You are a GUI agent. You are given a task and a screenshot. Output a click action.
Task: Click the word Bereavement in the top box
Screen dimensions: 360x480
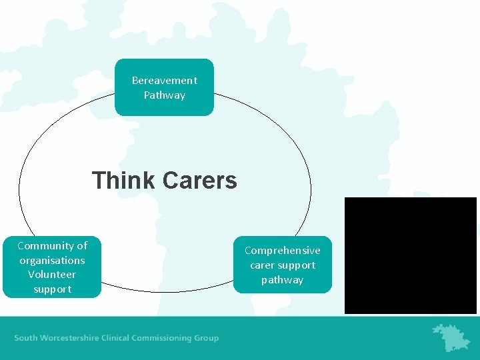[x=165, y=81]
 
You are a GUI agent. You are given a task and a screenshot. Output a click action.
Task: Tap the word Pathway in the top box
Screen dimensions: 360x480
[x=165, y=95]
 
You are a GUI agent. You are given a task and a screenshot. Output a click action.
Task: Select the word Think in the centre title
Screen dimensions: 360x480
[x=123, y=181]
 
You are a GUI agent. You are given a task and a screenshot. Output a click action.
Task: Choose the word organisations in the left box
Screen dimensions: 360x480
[x=52, y=261]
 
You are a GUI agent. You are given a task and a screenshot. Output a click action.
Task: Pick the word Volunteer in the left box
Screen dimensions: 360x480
[x=52, y=275]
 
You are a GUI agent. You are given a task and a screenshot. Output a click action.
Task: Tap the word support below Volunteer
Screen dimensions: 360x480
[x=52, y=289]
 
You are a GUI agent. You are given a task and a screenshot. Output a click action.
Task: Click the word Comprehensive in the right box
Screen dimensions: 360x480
[x=283, y=251]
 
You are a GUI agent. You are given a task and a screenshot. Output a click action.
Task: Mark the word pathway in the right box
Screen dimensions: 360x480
[x=283, y=280]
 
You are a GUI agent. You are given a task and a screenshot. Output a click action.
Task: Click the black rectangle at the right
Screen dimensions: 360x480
[x=411, y=255]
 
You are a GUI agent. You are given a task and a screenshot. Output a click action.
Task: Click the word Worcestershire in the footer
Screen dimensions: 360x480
[x=76, y=338]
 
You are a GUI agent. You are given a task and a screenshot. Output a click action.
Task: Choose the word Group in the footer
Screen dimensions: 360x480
[x=206, y=338]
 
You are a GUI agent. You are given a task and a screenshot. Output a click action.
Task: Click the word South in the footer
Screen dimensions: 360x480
[x=26, y=338]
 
